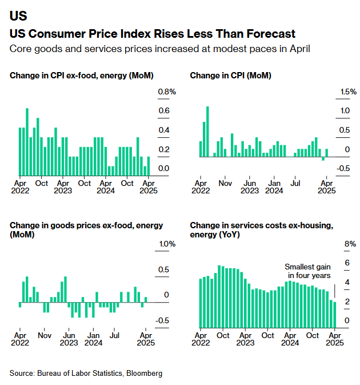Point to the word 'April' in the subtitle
pos(298,48)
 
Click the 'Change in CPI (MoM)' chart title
pos(230,76)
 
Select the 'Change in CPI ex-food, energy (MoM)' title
pos(82,76)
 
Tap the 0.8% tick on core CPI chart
pos(167,92)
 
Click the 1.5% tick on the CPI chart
pos(348,92)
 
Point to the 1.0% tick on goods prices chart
pos(167,244)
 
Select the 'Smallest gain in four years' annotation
pos(307,271)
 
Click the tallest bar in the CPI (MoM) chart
pos(208,131)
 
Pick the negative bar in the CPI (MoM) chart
pos(323,158)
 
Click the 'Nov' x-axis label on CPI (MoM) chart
pos(225,184)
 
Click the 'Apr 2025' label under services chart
pos(334,339)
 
